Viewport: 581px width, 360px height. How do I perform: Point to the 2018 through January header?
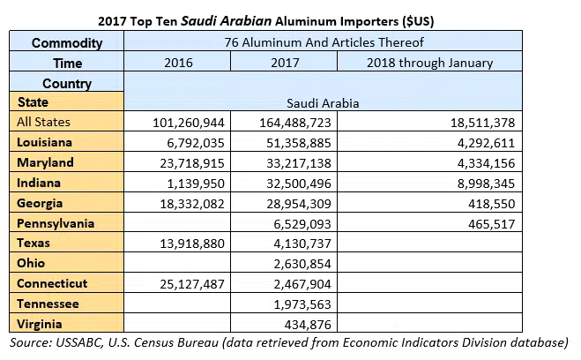[430, 63]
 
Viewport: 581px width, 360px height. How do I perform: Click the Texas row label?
[33, 243]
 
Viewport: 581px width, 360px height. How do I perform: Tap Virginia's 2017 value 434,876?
[302, 324]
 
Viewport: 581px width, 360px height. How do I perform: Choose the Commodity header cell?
[67, 42]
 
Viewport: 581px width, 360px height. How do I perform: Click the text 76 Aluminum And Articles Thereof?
[324, 42]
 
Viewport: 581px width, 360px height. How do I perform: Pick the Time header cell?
[67, 63]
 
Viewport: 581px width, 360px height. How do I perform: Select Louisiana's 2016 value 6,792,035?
[190, 143]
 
